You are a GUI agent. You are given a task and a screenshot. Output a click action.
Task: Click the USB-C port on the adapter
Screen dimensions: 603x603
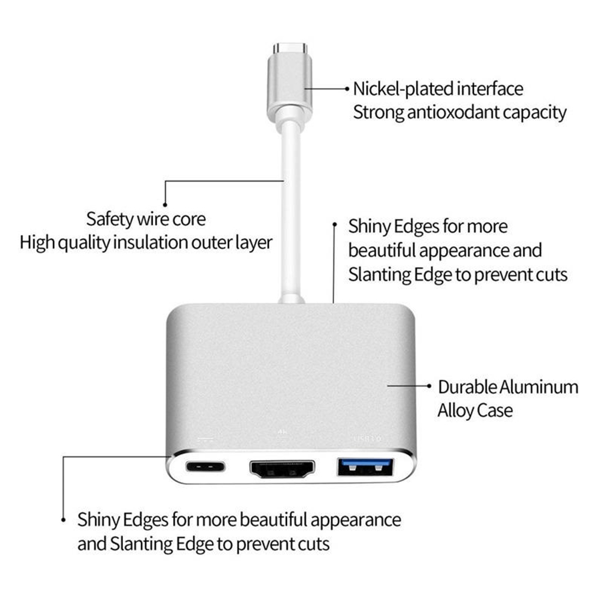click(x=206, y=466)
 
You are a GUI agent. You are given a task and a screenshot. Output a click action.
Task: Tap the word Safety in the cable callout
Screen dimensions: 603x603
click(x=110, y=218)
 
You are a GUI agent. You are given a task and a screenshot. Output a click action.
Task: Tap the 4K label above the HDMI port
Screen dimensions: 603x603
click(x=281, y=432)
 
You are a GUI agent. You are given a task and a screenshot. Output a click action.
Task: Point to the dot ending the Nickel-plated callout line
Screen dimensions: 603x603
click(x=347, y=89)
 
